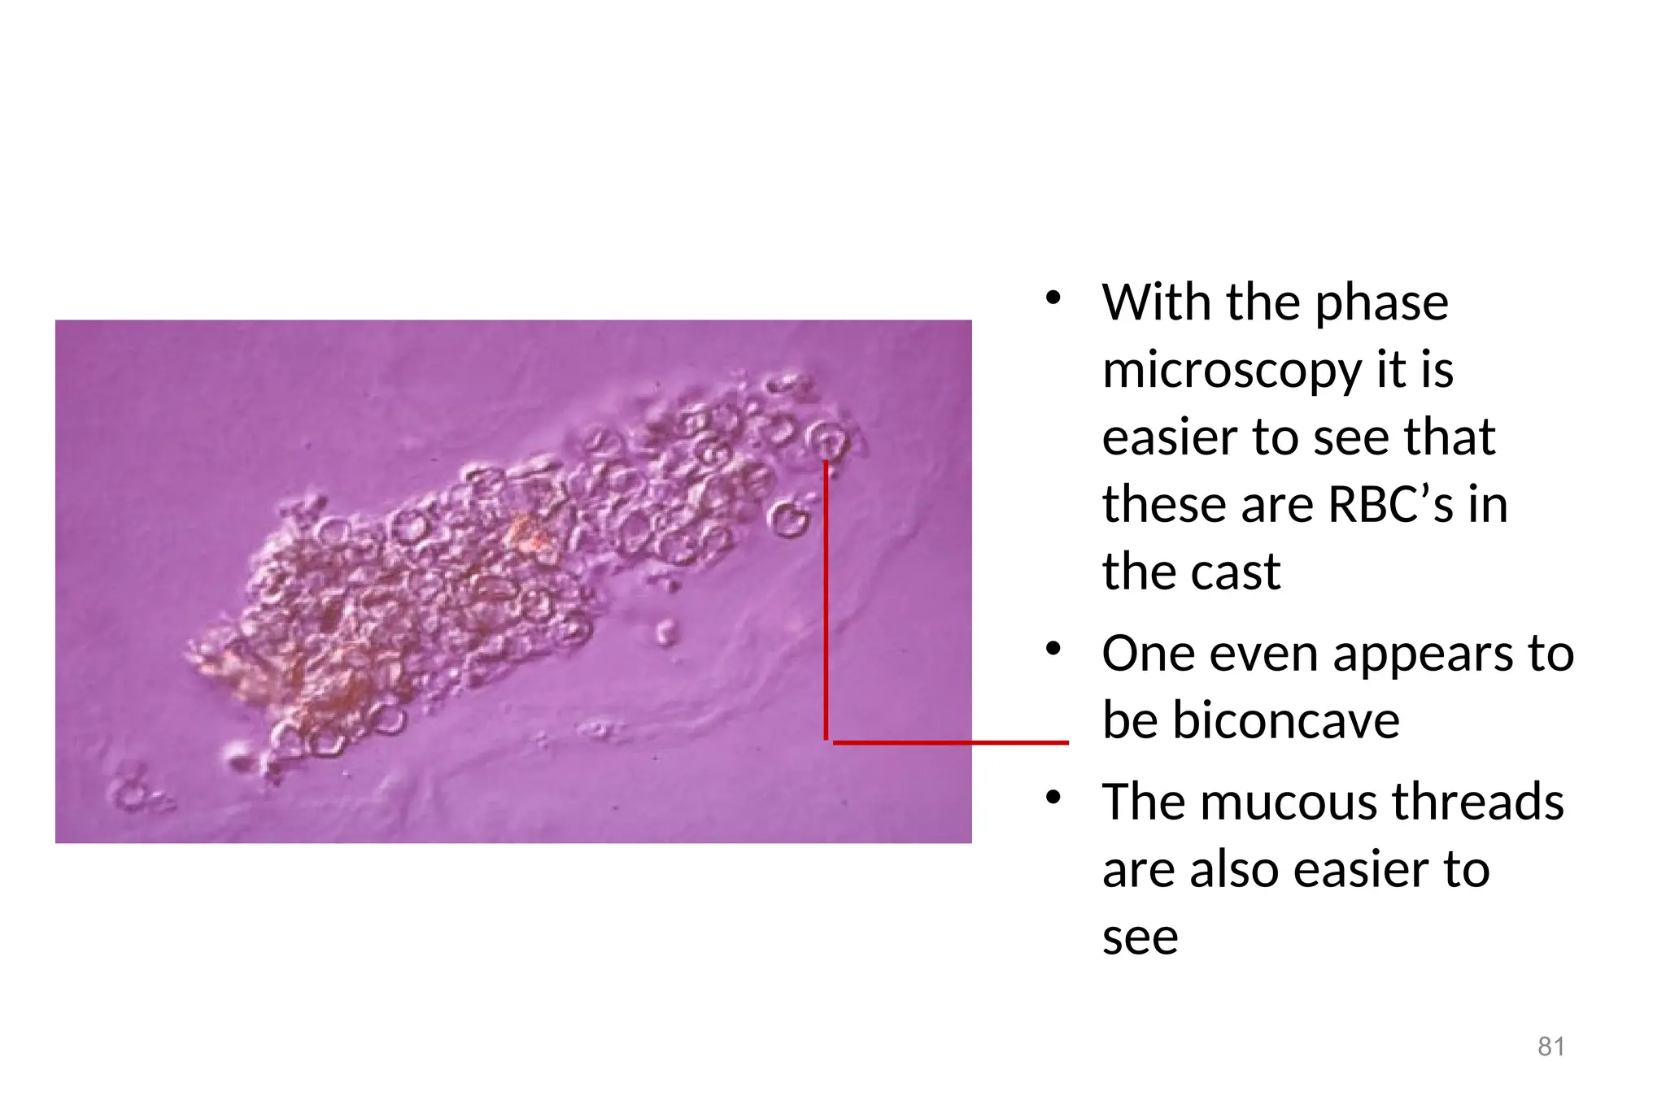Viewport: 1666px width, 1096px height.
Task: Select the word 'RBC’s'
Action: point(1390,505)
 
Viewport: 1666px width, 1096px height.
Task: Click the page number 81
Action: point(1550,1046)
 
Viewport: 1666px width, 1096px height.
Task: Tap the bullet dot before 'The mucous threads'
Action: point(1053,798)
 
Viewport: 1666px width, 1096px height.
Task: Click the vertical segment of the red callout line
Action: point(826,602)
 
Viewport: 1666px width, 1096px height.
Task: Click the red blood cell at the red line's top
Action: point(827,441)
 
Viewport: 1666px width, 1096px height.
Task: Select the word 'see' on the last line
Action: point(1140,938)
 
